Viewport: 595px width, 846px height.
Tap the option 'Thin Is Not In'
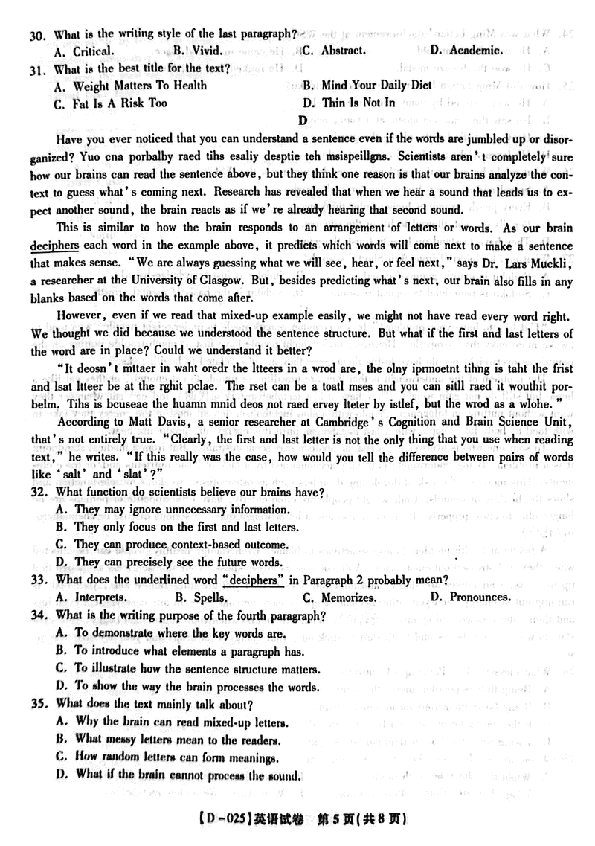click(358, 103)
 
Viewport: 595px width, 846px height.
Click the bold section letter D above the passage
click(302, 120)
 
